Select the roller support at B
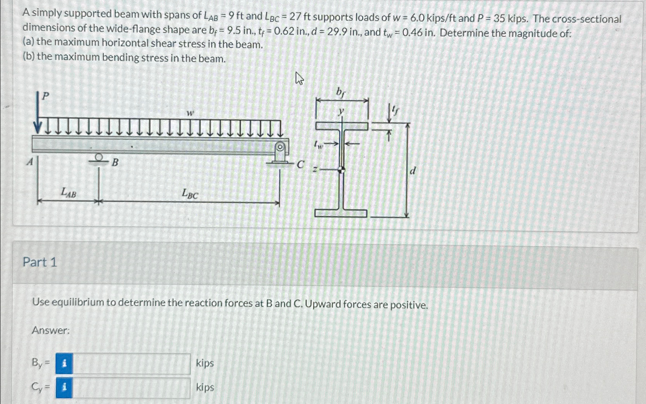99,158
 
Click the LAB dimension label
69,192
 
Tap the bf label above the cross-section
340,92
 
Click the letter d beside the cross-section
413,171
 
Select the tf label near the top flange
395,111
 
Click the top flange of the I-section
342,126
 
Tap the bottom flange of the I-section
341,213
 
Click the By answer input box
131,363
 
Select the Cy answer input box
131,388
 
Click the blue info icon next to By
64,363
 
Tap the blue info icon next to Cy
64,388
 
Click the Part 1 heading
40,262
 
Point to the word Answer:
51,330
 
